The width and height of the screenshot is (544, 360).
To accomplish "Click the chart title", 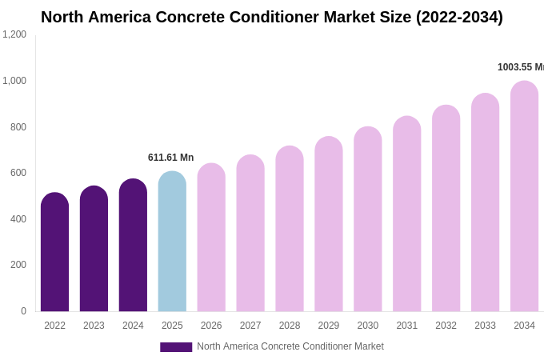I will (x=272, y=17).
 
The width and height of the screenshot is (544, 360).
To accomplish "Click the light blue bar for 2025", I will (x=172, y=242).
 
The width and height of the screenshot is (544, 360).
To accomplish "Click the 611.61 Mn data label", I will (x=170, y=158).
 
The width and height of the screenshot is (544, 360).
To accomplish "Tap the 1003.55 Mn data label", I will (x=520, y=67).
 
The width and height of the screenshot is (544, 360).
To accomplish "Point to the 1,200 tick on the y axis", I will (x=14, y=34).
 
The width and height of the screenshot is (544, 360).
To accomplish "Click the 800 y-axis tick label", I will (x=18, y=126).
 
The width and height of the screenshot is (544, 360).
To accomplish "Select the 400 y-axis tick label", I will (x=18, y=219).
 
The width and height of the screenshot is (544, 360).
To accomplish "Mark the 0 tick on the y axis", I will (x=23, y=311).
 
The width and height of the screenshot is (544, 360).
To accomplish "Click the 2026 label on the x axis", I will (x=211, y=326).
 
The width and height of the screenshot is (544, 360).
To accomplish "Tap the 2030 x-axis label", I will (x=368, y=326).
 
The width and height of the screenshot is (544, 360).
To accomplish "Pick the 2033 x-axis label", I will (x=485, y=326).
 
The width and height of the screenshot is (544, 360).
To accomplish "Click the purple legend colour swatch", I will (x=176, y=346).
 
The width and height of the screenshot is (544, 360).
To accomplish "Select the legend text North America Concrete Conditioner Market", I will (x=290, y=346).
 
